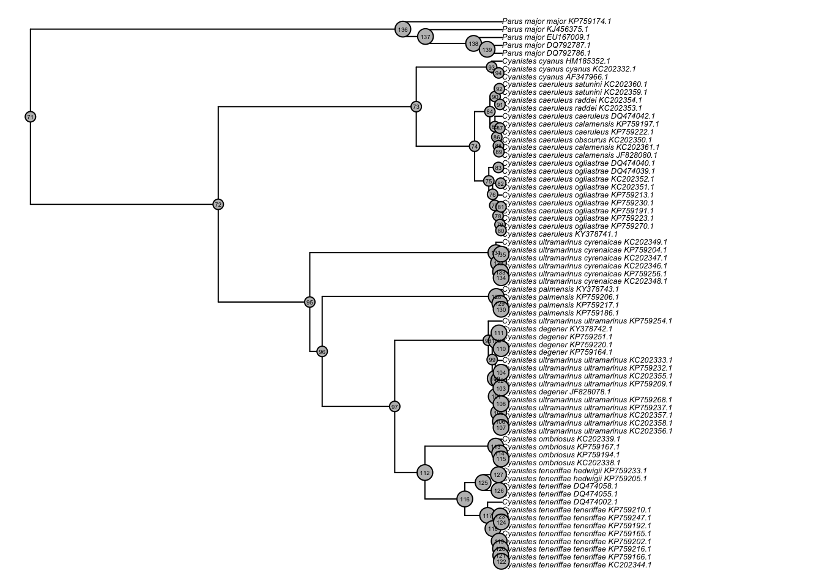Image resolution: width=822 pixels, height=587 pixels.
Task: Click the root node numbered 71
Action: click(x=31, y=117)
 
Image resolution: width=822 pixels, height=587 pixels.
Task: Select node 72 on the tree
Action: click(x=218, y=204)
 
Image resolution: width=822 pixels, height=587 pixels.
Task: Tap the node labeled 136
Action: click(x=402, y=29)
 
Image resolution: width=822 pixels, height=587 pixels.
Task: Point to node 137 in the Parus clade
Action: click(x=426, y=37)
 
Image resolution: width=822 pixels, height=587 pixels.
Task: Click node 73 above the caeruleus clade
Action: click(x=417, y=107)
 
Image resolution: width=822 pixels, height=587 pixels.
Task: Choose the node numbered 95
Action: click(x=309, y=302)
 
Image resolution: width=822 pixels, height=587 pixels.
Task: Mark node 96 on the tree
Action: click(x=322, y=352)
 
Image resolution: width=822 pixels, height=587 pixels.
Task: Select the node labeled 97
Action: click(x=394, y=407)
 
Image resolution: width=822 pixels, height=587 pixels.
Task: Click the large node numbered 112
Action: click(x=425, y=473)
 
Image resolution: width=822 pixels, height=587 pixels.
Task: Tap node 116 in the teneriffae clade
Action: click(x=465, y=500)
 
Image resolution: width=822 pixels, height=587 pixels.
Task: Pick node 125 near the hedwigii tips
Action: click(x=483, y=483)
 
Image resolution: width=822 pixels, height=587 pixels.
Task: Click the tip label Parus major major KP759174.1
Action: click(x=557, y=21)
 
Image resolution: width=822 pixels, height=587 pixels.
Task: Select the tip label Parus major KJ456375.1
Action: click(x=545, y=29)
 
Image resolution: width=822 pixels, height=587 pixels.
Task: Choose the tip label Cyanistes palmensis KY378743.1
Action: click(x=560, y=289)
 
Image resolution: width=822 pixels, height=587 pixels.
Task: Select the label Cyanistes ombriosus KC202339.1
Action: click(x=561, y=439)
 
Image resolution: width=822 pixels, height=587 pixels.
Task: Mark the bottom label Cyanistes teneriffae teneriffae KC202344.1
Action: click(x=577, y=565)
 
